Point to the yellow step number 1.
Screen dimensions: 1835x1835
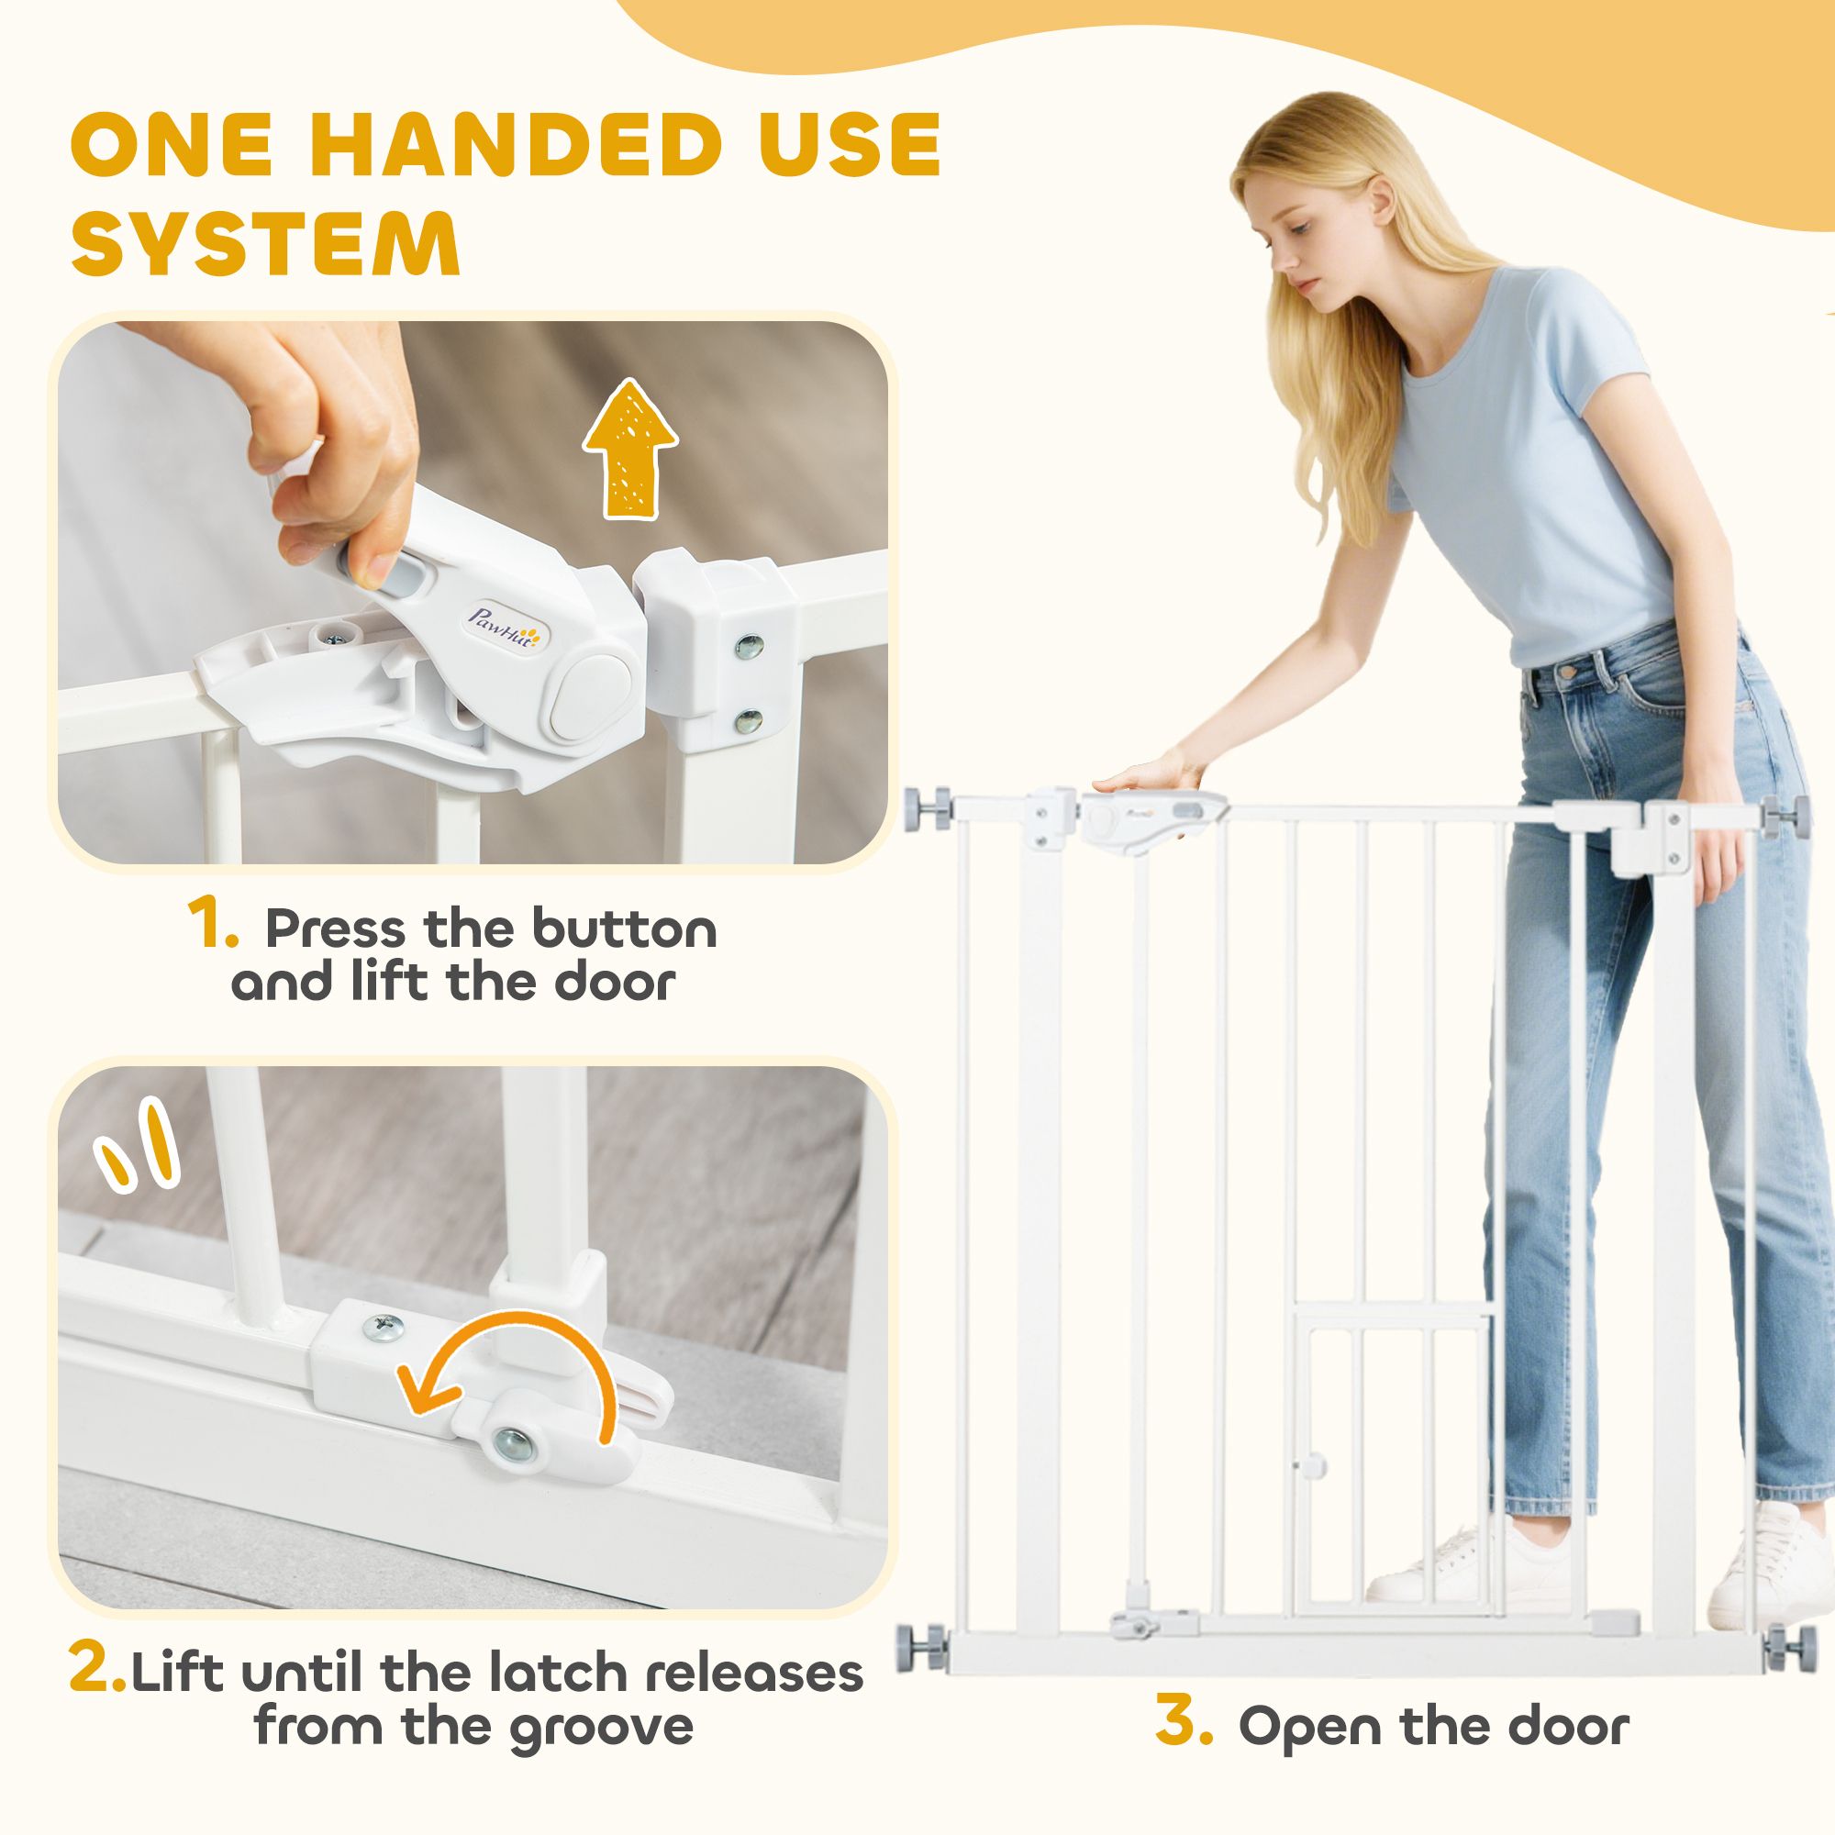pos(213,928)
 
